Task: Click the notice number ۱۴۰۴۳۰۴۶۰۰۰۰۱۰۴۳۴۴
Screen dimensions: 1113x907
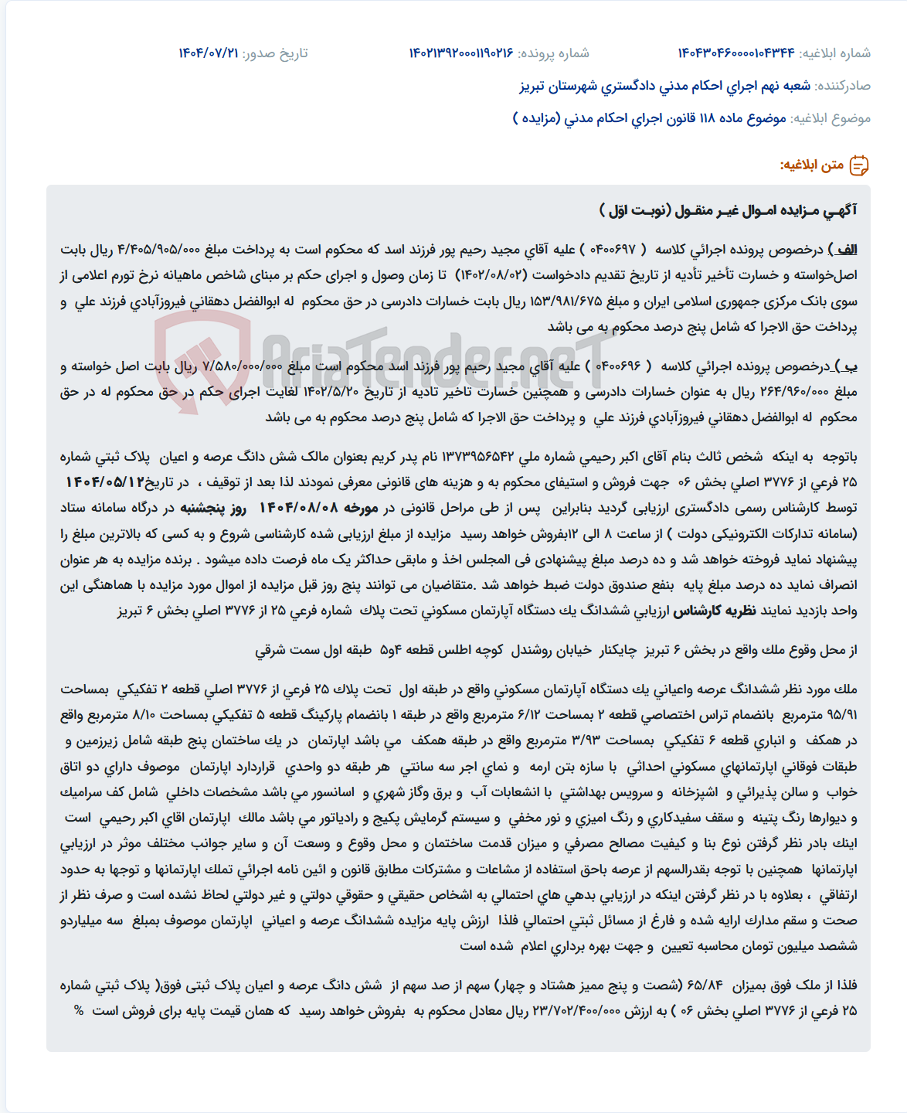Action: [735, 53]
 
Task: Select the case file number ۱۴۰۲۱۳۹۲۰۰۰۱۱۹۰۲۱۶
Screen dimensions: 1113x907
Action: [461, 53]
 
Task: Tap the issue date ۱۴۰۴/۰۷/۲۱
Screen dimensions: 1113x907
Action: [209, 53]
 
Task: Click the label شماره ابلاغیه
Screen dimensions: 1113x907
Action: [835, 53]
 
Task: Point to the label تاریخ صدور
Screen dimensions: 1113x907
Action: [275, 53]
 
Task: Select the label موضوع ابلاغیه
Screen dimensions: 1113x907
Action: [831, 118]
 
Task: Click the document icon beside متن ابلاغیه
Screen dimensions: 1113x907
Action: [859, 165]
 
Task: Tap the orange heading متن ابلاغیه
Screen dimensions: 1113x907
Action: [811, 165]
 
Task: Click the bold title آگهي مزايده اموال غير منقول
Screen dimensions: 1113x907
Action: [728, 210]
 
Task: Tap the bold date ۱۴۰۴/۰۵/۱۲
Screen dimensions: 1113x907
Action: [105, 482]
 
